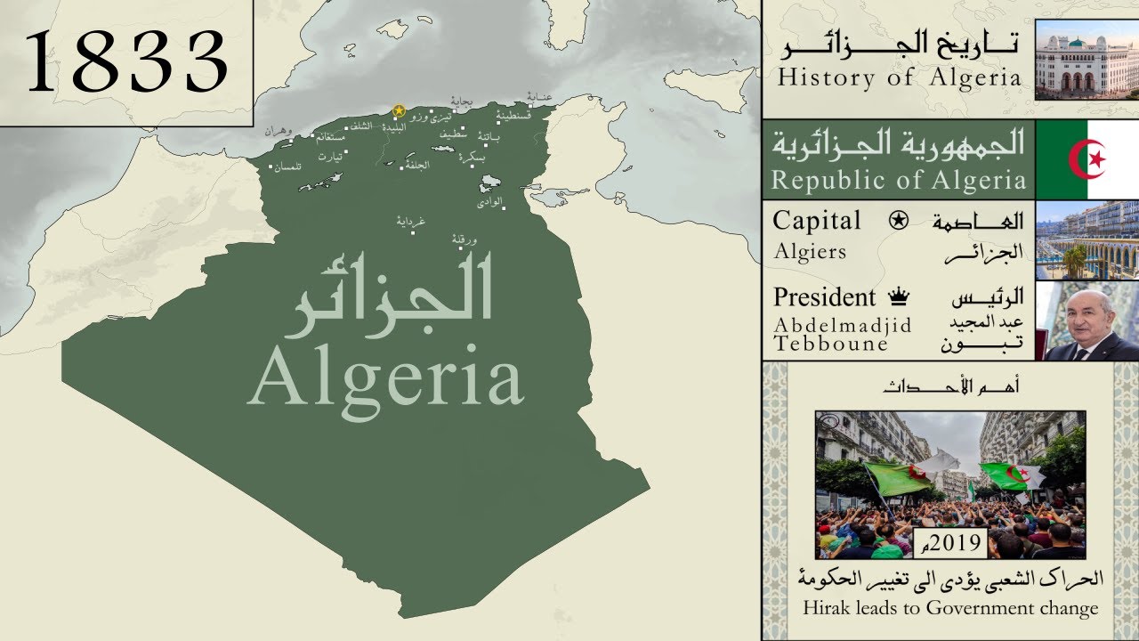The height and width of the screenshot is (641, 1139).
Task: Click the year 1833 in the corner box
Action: pyautogui.click(x=126, y=61)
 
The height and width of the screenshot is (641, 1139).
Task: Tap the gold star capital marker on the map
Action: pyautogui.click(x=399, y=111)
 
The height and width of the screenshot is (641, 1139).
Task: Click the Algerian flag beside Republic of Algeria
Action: pyautogui.click(x=1087, y=160)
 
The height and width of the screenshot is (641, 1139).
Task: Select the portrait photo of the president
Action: pyautogui.click(x=1087, y=320)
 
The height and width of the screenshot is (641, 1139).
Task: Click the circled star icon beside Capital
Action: pyautogui.click(x=898, y=221)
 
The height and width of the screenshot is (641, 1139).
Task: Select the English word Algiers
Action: pyautogui.click(x=810, y=251)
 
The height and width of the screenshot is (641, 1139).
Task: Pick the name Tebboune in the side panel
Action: pyautogui.click(x=831, y=344)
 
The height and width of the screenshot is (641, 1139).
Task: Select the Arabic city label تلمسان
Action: pyautogui.click(x=287, y=166)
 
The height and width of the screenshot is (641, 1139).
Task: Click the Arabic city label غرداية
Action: pyautogui.click(x=411, y=222)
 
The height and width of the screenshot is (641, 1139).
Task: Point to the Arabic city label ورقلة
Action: pyautogui.click(x=465, y=238)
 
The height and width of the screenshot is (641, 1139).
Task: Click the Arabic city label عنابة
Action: pyautogui.click(x=540, y=96)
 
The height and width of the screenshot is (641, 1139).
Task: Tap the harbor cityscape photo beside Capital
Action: pyautogui.click(x=1087, y=239)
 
